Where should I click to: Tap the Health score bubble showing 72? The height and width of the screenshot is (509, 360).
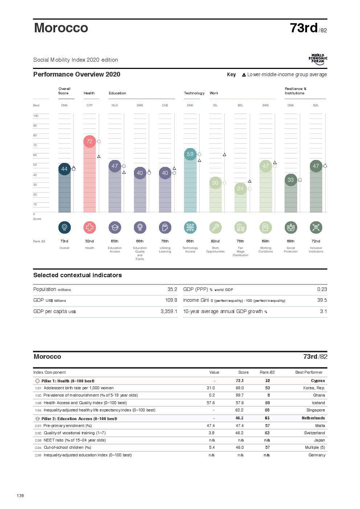pos(90,141)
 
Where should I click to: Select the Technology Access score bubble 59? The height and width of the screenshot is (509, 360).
pos(190,154)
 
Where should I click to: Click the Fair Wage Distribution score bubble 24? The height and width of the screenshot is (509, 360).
pos(240,189)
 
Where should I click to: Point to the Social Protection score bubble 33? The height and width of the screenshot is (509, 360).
pos(291,180)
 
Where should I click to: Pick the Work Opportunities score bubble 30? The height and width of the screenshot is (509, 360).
pos(215,183)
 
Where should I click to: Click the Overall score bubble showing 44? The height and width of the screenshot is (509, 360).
pos(64,169)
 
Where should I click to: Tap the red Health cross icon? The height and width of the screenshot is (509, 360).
pos(90,227)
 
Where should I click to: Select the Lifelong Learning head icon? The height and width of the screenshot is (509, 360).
pos(165,227)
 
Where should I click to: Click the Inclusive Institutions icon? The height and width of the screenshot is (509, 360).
pos(316,227)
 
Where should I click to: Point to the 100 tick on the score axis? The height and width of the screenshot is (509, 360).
pos(36,116)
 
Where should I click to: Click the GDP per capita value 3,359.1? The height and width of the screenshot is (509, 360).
pos(169,311)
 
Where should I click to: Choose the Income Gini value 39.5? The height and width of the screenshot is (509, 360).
pos(322,300)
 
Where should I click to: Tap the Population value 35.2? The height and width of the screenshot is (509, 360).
pos(172,289)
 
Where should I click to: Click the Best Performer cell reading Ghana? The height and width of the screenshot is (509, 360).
pos(319,395)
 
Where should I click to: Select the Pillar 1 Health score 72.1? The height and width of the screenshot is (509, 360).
pos(240,381)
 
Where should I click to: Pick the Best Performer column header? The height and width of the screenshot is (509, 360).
pos(309,372)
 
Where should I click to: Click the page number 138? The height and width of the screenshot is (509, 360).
pos(20,496)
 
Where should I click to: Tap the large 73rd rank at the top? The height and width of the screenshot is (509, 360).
pos(304,28)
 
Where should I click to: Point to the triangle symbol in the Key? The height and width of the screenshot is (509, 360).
pos(244,75)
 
